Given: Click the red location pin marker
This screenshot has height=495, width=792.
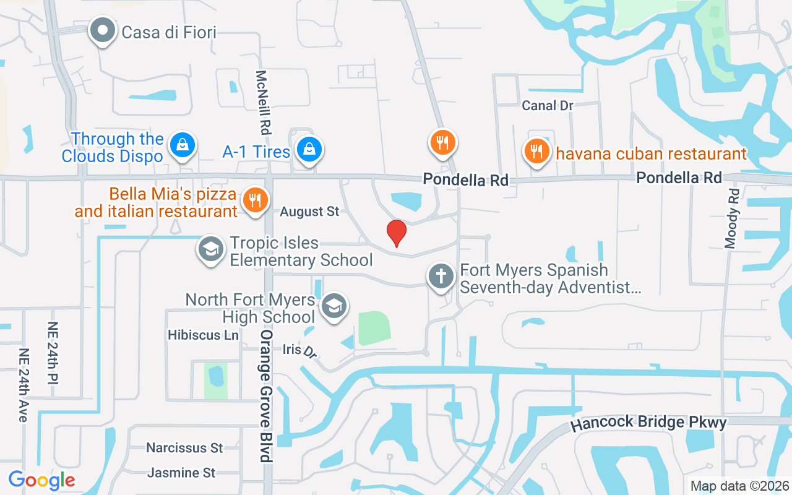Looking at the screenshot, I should tap(396, 233).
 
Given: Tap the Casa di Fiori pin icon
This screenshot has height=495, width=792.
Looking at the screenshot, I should tap(103, 30).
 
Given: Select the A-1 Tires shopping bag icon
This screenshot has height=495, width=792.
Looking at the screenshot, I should tap(308, 149).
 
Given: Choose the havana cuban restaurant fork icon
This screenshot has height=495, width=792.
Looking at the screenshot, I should tap(536, 150).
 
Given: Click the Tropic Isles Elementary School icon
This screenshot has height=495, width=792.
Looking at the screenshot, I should tap(210, 249).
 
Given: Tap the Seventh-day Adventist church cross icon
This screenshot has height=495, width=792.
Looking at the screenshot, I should tap(441, 276).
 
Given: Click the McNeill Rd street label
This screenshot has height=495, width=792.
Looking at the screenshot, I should tap(264, 102).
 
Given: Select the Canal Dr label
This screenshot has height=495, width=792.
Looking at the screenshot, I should tap(548, 106).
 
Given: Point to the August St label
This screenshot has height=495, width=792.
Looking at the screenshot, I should tap(309, 212).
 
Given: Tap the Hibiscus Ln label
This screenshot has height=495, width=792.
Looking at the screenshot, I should tap(203, 335).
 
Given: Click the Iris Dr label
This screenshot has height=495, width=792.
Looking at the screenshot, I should tap(299, 350).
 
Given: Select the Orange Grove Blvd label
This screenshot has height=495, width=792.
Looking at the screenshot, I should tap(266, 396).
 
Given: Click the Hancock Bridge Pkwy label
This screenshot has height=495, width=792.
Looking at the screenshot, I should tap(648, 423).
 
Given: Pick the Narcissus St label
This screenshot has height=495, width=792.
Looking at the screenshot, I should tap(184, 447).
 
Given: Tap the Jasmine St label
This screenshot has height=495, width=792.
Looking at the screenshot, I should tap(181, 473).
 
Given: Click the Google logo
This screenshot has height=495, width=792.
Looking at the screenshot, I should tap(41, 480).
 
